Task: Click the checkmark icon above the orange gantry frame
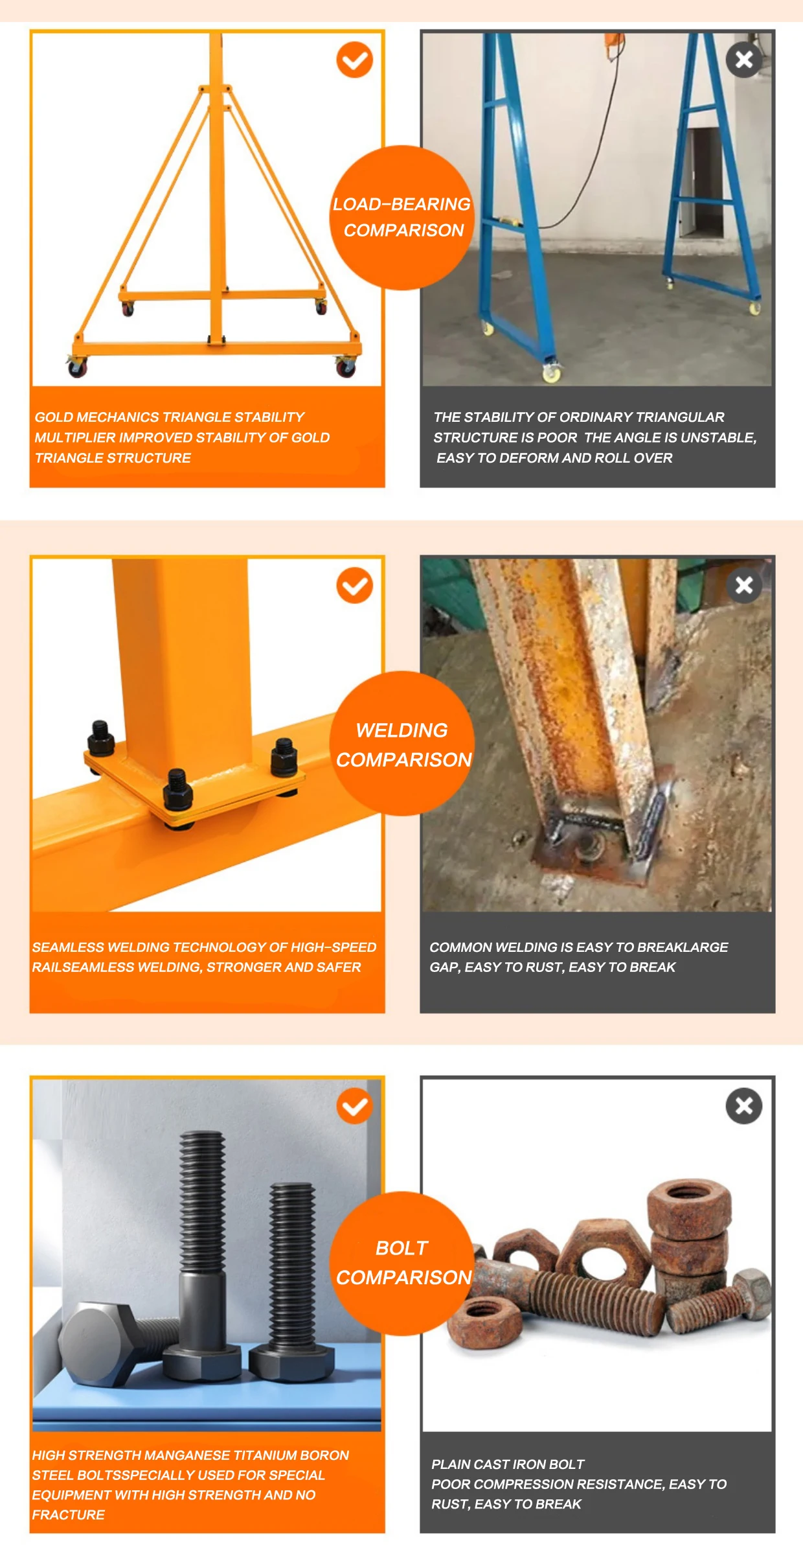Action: tap(354, 60)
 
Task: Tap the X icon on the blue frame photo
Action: tap(743, 60)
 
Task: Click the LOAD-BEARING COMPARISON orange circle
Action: tap(402, 218)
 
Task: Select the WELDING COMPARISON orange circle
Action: tap(402, 744)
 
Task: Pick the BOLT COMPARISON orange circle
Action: tap(402, 1263)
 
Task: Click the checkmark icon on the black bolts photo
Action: tap(354, 1106)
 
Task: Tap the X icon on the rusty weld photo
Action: tap(743, 585)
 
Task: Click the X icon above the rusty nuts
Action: tap(743, 1106)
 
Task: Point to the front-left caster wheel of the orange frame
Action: tap(77, 368)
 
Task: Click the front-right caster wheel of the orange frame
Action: tap(346, 367)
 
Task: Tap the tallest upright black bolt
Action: tap(203, 1231)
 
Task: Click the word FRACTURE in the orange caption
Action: tap(68, 1515)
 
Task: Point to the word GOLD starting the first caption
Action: tap(54, 417)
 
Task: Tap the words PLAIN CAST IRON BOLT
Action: tap(508, 1464)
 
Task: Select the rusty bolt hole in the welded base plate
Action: tap(589, 844)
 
